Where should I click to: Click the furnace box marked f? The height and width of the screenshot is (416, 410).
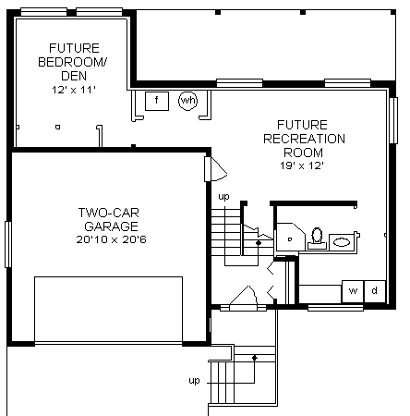coord(157,101)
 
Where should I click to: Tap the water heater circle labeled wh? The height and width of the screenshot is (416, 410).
coord(188,100)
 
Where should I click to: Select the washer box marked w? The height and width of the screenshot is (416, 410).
coord(353,291)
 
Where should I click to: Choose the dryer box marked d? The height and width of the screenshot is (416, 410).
coord(375,291)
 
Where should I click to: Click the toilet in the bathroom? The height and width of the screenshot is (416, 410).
coord(317,239)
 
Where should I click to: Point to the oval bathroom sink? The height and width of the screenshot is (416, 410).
coord(342,242)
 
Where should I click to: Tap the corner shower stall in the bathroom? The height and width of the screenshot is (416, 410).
coord(290,237)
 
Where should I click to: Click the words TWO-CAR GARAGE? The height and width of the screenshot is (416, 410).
coord(109,219)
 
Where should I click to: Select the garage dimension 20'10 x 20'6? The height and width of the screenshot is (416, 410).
coord(111,239)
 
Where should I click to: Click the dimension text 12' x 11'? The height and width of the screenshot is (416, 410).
coord(74,90)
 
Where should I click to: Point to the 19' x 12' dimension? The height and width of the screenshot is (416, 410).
coord(302,165)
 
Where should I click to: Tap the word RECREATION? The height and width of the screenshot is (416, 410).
coord(304,139)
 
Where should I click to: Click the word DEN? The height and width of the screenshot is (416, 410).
coord(74,76)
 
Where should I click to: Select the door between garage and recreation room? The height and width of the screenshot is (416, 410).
coord(215,169)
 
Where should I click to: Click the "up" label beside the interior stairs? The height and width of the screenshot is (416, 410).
coord(223,196)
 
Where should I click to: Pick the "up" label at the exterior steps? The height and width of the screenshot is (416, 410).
coord(194,381)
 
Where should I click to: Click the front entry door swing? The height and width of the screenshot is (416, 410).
coord(243,296)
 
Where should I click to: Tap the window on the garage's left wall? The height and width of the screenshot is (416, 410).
coord(8,244)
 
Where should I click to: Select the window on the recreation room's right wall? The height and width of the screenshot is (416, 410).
coord(393,120)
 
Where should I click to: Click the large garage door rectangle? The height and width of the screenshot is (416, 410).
coord(108,309)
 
